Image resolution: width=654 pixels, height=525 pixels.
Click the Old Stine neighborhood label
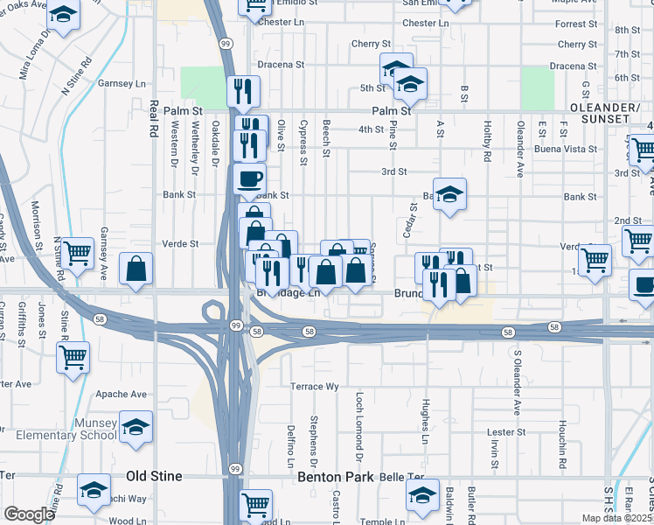pos(154,476)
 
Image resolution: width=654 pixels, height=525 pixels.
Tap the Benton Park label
pos(336,477)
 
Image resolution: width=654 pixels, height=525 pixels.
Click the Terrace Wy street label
pos(314,386)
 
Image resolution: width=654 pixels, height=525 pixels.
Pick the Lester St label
pos(505,432)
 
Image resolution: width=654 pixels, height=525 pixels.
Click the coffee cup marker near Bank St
pos(250,179)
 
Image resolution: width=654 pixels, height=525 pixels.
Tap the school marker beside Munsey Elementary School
pos(136,427)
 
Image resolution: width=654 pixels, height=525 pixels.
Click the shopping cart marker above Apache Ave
pos(73,356)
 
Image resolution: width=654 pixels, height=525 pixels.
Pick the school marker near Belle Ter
pos(422,494)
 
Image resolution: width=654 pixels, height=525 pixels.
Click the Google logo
pos(29,514)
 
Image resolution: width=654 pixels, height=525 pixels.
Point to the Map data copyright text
pos(617,518)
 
